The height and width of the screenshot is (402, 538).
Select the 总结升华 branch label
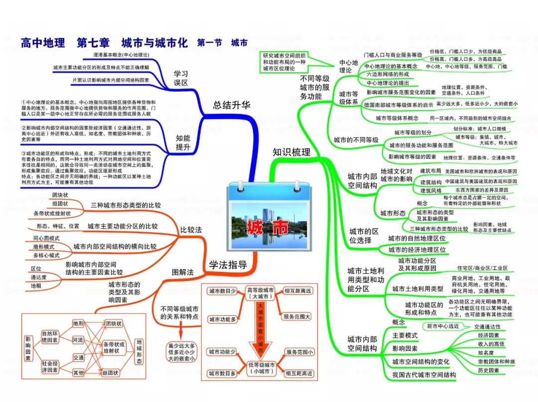click(232, 105)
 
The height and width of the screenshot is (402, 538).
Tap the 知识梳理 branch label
click(291, 152)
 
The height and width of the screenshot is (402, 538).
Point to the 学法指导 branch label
click(228, 266)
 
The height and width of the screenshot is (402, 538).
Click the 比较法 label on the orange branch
click(191, 230)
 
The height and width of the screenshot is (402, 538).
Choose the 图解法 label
click(183, 272)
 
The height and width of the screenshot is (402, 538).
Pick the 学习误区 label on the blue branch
click(180, 78)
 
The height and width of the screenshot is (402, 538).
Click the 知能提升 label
click(183, 143)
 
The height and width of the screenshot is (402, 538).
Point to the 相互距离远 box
click(297, 290)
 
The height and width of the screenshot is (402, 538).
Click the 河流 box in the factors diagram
click(78, 340)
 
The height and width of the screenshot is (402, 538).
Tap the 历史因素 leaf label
click(488, 371)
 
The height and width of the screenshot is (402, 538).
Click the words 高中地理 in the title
click(43, 43)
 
